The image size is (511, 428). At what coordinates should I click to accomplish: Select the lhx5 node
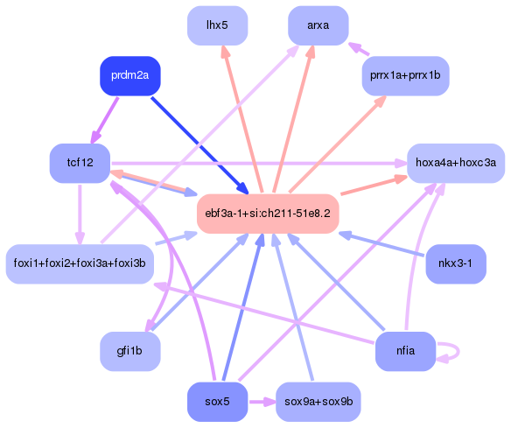(218, 25)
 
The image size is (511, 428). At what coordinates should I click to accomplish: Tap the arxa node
(318, 25)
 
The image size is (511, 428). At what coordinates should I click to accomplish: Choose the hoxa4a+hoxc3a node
(455, 163)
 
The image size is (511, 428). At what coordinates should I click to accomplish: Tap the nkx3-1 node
(455, 263)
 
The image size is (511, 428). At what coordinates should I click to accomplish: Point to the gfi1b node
(130, 351)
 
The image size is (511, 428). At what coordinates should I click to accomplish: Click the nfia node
(405, 351)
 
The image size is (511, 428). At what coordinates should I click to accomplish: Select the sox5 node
(218, 402)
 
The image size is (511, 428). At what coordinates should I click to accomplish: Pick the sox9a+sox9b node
(318, 402)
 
